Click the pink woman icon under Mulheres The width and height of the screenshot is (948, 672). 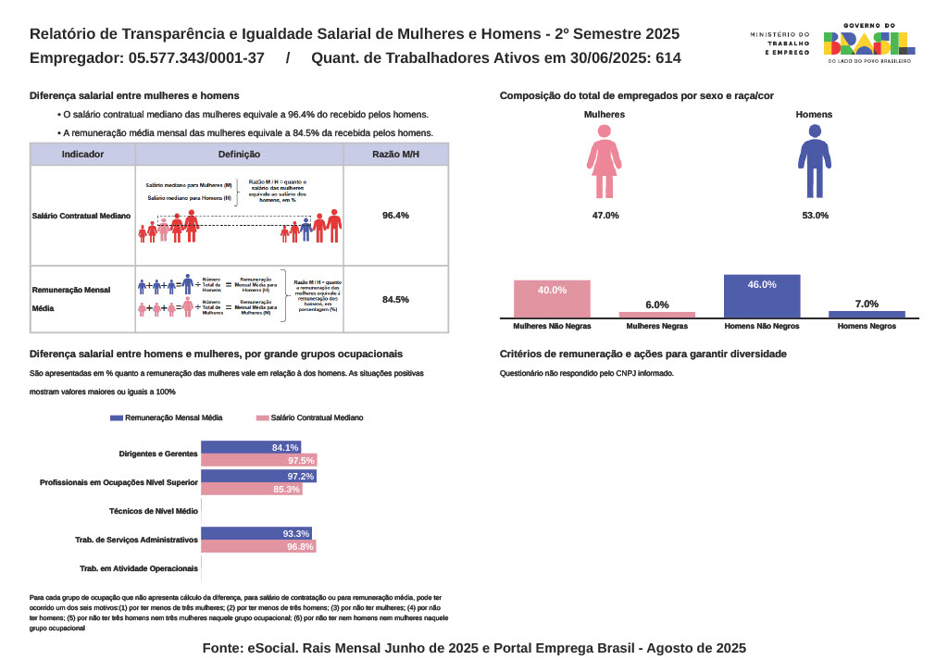pyautogui.click(x=604, y=161)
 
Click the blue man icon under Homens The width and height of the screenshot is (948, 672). pyautogui.click(x=815, y=161)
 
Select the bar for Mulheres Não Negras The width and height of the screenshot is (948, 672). pyautogui.click(x=552, y=298)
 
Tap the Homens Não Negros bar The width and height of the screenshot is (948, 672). pyautogui.click(x=762, y=296)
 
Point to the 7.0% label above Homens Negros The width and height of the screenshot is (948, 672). pyautogui.click(x=867, y=304)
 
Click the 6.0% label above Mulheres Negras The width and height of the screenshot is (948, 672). pyautogui.click(x=656, y=305)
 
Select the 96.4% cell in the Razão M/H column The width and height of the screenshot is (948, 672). pyautogui.click(x=395, y=216)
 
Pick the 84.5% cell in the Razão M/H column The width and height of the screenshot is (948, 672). pyautogui.click(x=395, y=299)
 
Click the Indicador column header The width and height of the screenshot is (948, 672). pyautogui.click(x=82, y=155)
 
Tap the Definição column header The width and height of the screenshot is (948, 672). pyautogui.click(x=239, y=155)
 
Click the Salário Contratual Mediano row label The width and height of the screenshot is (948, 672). pyautogui.click(x=82, y=216)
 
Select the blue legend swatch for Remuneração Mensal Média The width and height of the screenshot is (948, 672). pyautogui.click(x=116, y=418)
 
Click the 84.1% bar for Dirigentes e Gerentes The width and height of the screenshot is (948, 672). pyautogui.click(x=250, y=448)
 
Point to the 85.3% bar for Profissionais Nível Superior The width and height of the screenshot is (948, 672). pyautogui.click(x=251, y=490)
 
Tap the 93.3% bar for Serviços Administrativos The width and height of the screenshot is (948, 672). pyautogui.click(x=256, y=534)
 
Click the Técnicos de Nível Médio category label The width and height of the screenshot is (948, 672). pyautogui.click(x=153, y=511)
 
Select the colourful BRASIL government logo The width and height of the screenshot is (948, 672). pyautogui.click(x=868, y=44)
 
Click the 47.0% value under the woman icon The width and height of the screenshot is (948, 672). pyautogui.click(x=605, y=215)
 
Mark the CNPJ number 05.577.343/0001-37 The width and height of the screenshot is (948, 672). pyautogui.click(x=197, y=57)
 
